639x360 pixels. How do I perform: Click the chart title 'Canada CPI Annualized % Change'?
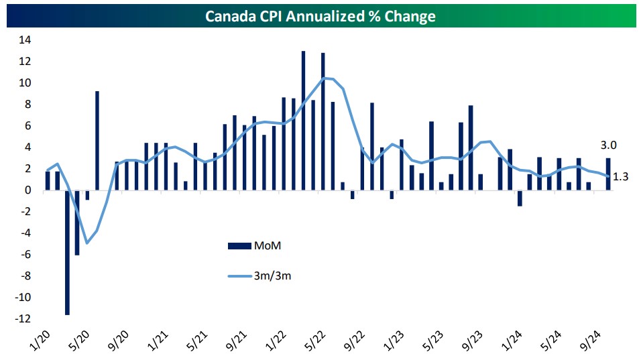319,16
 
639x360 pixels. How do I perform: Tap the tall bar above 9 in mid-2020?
97,141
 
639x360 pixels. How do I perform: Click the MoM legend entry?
263,245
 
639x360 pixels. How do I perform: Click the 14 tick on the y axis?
25,40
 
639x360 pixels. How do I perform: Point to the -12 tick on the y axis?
23,319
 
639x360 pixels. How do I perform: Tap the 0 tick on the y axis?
28,190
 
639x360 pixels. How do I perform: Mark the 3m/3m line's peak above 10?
324,78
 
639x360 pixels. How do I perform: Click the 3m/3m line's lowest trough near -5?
87,243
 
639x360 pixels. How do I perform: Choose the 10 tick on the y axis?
25,82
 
